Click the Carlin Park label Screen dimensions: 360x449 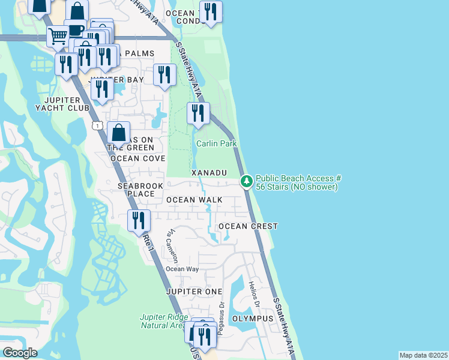[216, 144]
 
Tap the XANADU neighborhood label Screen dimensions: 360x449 [209, 173]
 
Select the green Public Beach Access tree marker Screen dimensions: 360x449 [246, 181]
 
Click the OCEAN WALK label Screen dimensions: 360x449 [194, 200]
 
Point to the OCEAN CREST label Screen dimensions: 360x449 [248, 226]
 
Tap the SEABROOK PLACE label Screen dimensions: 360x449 [140, 190]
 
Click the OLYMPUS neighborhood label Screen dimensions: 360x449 [249, 319]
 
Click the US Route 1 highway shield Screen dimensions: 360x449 [97, 125]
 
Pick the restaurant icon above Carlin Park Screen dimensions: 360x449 [197, 113]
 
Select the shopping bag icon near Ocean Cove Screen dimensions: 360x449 [119, 133]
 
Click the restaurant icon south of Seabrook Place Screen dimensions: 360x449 [139, 221]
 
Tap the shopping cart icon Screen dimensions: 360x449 [58, 36]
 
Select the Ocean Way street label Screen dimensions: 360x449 [182, 269]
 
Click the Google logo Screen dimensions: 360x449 [20, 353]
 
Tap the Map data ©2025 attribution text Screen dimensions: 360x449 [423, 355]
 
